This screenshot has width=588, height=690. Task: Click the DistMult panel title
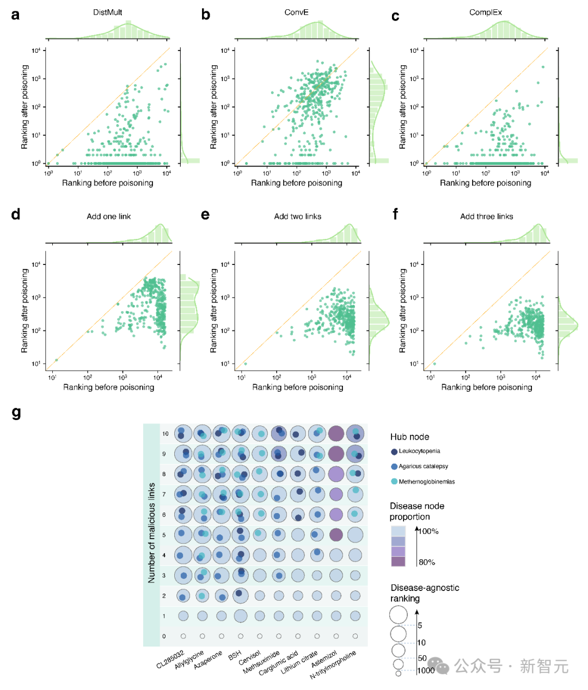[107, 12]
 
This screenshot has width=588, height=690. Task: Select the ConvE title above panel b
[296, 12]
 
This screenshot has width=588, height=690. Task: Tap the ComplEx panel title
[486, 12]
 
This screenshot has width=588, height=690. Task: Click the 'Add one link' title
[109, 217]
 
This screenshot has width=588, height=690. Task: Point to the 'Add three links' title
[487, 217]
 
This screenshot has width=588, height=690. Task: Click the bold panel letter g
[16, 414]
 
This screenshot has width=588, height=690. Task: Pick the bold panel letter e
[205, 214]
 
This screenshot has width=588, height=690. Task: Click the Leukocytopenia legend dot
[394, 451]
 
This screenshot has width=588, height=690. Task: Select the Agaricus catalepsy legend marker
[394, 466]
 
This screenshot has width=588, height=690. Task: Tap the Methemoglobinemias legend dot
[394, 482]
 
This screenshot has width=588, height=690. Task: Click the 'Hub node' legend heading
[409, 437]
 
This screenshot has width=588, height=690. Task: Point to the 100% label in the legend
[428, 531]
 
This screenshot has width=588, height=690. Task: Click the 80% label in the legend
[427, 562]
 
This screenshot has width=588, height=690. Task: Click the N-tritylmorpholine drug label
[333, 664]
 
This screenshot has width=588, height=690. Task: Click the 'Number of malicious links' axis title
[151, 533]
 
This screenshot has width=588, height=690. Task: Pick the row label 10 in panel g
[165, 434]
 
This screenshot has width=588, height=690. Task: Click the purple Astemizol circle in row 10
[336, 434]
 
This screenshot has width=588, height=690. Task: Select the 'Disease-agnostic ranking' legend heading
[425, 593]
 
